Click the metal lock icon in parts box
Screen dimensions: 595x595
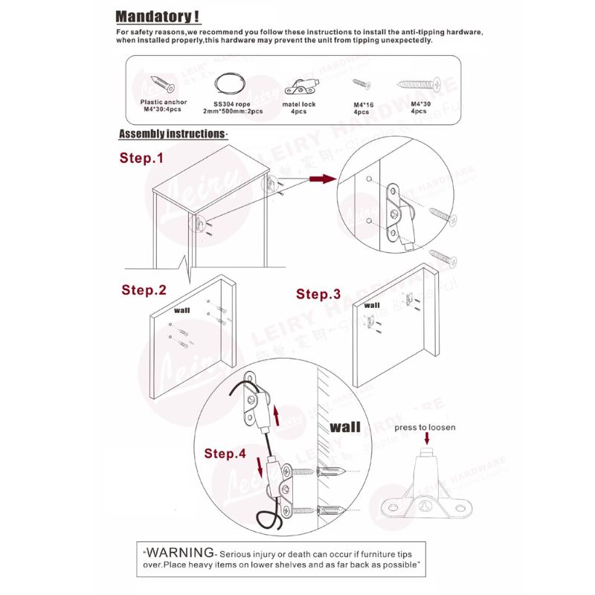pyautogui.click(x=299, y=83)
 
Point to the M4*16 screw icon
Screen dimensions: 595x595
pyautogui.click(x=361, y=83)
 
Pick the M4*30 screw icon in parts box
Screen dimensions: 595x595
pyautogui.click(x=418, y=83)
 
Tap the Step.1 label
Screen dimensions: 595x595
pyautogui.click(x=141, y=158)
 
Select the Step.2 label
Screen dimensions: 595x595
pyautogui.click(x=144, y=290)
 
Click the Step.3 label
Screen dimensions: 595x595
pyautogui.click(x=318, y=294)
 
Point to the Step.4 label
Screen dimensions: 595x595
pyautogui.click(x=225, y=453)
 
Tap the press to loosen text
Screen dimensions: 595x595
pyautogui.click(x=425, y=428)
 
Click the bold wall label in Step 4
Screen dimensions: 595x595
pyautogui.click(x=345, y=427)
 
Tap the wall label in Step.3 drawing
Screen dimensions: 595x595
pyautogui.click(x=373, y=305)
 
